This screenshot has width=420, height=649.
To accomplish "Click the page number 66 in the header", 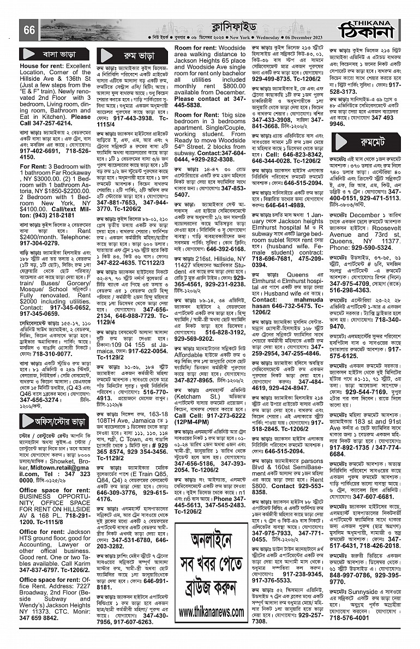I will click(29, 31).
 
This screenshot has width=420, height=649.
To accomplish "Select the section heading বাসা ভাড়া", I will click(55, 55).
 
